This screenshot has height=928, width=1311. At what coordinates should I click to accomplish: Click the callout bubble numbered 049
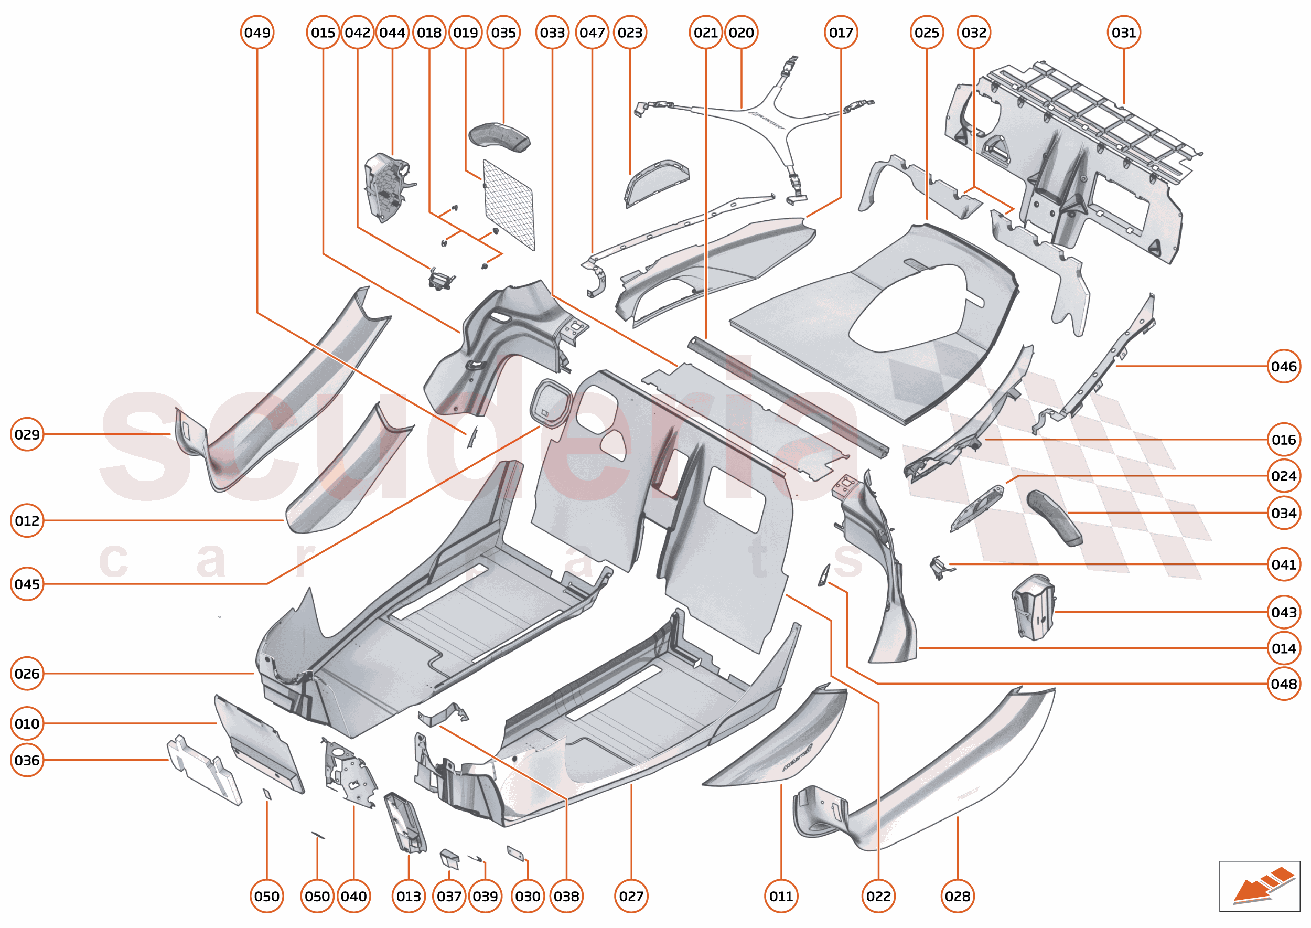257,33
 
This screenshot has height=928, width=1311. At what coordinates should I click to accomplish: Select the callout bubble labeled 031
1123,33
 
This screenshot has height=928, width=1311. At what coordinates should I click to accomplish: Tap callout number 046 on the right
1283,366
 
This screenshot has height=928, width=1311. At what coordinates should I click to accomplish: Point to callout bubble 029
27,434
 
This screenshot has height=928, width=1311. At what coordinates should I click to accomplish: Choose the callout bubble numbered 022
878,896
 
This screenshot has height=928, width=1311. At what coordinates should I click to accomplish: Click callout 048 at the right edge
1283,684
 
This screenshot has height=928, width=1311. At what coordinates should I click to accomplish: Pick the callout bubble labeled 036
27,760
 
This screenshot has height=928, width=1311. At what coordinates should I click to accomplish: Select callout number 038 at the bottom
566,896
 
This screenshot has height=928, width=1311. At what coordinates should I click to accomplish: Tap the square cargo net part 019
508,206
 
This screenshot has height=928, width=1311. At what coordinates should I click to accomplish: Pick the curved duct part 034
1054,517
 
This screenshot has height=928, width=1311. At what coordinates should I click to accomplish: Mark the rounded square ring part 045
551,403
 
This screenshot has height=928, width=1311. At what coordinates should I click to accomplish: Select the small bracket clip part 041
937,566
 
